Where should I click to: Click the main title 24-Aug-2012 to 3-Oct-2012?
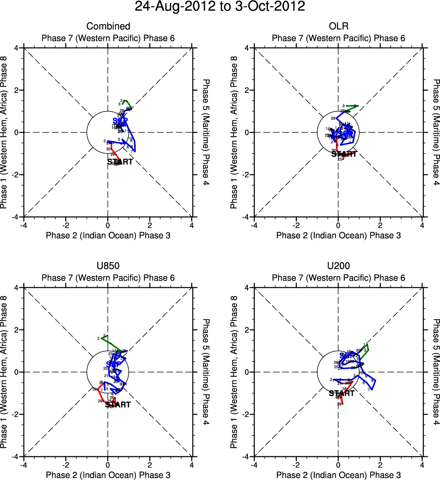(220, 7)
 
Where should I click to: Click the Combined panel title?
(108, 26)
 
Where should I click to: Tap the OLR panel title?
(338, 26)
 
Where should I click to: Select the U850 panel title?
(108, 266)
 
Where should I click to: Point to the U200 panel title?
(338, 266)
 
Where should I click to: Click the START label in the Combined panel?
(120, 162)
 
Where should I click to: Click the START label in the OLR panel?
(344, 154)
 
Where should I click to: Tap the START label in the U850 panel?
(118, 405)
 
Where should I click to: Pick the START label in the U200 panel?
(341, 393)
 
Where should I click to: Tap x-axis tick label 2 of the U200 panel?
(380, 465)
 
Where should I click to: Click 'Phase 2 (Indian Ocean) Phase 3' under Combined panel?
(108, 235)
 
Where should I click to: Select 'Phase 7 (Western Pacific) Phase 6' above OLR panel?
(338, 38)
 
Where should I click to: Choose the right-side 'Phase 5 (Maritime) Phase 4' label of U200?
(436, 372)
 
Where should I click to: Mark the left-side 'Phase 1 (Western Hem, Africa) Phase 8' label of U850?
(5, 372)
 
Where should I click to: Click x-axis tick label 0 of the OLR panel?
(338, 225)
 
